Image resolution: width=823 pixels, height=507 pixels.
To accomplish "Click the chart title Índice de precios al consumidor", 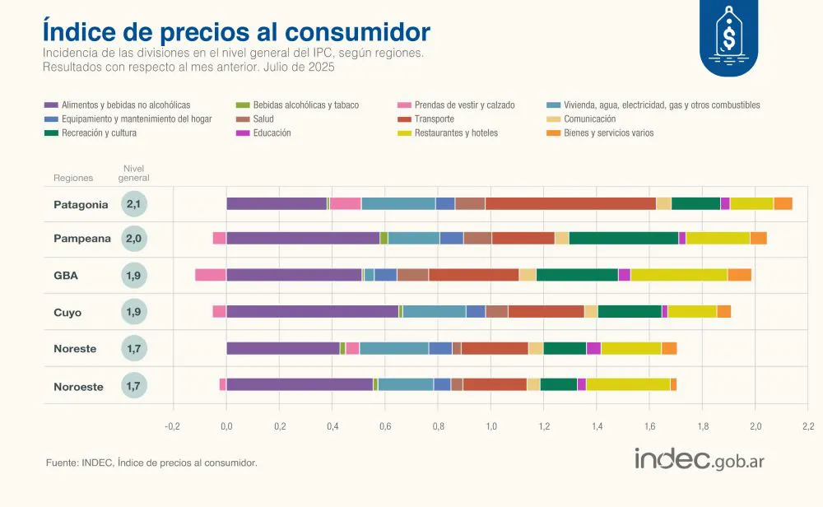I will (x=236, y=31).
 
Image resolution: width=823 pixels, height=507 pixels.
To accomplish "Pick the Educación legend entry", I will (x=272, y=133).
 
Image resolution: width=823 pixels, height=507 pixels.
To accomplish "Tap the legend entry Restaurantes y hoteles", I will (x=456, y=133).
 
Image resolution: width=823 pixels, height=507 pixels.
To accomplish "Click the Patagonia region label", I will (x=81, y=204).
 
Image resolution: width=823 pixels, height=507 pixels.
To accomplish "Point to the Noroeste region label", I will (x=78, y=386).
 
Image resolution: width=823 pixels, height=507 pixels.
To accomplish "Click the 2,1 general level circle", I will (x=134, y=204).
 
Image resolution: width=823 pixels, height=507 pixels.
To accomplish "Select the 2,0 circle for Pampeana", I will (x=134, y=239).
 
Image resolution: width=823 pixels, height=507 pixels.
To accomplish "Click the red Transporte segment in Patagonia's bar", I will (x=570, y=204).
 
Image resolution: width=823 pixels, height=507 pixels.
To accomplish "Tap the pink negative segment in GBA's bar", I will (x=210, y=275).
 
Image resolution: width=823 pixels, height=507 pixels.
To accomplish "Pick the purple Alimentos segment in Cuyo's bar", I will (x=312, y=311).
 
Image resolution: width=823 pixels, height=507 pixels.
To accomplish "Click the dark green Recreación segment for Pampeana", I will (x=623, y=239).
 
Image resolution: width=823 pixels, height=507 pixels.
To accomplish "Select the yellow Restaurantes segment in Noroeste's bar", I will (x=627, y=384).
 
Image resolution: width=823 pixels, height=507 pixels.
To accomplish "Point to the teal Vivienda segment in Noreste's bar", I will (x=393, y=348).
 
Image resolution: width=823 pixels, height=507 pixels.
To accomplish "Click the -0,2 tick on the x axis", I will (x=172, y=426).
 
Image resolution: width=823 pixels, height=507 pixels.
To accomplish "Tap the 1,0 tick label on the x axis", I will (x=491, y=426).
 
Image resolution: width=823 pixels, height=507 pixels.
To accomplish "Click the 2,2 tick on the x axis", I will (x=807, y=426).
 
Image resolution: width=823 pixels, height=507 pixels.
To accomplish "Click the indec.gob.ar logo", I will (x=699, y=459).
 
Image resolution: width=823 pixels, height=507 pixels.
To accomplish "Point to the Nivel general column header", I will (x=134, y=173).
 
